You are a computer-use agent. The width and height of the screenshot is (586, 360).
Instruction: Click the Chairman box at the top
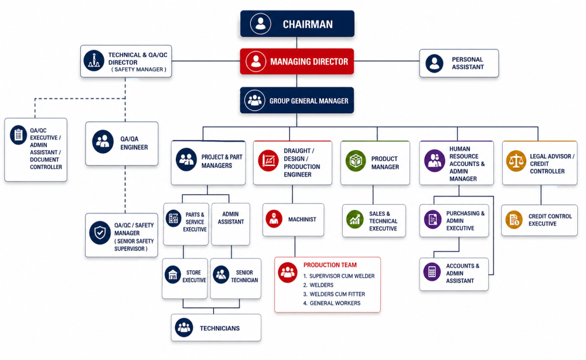297,23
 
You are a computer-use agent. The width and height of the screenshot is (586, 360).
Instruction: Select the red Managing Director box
297,62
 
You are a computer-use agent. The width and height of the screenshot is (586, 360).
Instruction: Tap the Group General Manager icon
255,100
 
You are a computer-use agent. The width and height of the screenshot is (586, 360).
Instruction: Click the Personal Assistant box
459,63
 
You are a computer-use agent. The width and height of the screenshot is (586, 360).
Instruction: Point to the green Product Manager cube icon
356,161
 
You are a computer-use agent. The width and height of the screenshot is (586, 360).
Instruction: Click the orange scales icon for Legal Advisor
516,161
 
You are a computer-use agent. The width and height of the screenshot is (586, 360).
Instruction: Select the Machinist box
294,219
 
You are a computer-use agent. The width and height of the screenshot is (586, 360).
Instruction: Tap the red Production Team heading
330,265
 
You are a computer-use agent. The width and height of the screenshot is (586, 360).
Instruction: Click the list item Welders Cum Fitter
334,294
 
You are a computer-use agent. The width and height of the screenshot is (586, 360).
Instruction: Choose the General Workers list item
332,303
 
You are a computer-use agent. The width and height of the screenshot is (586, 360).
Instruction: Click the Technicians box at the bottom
216,328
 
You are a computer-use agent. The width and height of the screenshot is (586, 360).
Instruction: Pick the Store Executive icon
173,275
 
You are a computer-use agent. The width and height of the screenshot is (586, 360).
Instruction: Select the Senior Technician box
236,279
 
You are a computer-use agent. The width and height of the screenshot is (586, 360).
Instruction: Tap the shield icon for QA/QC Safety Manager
100,233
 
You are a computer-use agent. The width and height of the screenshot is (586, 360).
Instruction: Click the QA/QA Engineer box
122,144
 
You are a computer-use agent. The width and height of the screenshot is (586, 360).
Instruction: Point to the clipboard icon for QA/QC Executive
18,135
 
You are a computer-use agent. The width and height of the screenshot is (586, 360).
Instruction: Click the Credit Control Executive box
539,220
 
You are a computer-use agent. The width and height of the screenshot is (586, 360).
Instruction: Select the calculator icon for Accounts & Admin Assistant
432,271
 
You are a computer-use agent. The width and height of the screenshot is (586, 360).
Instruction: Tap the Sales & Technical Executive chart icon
355,219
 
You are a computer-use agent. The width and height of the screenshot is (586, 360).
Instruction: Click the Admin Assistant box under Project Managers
230,224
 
